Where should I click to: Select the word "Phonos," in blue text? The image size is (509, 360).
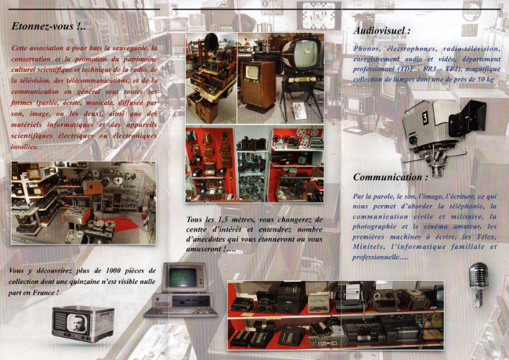(370, 49)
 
